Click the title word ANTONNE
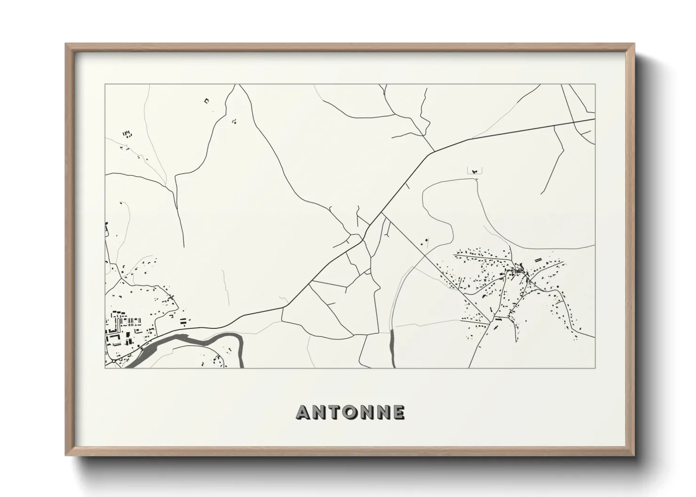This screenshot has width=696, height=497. (350, 412)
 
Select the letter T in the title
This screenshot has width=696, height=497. (334, 412)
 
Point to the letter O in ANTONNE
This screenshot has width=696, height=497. (350, 412)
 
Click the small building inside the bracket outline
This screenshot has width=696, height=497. (475, 171)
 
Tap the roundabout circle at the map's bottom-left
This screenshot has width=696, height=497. (113, 362)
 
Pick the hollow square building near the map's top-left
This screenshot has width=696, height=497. (206, 100)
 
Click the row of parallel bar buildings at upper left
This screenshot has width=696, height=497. (127, 134)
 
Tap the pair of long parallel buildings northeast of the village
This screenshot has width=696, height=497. (539, 258)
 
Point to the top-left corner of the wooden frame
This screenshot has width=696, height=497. (66, 44)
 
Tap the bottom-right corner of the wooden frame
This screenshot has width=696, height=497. (634, 455)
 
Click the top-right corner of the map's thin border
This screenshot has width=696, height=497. (595, 85)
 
